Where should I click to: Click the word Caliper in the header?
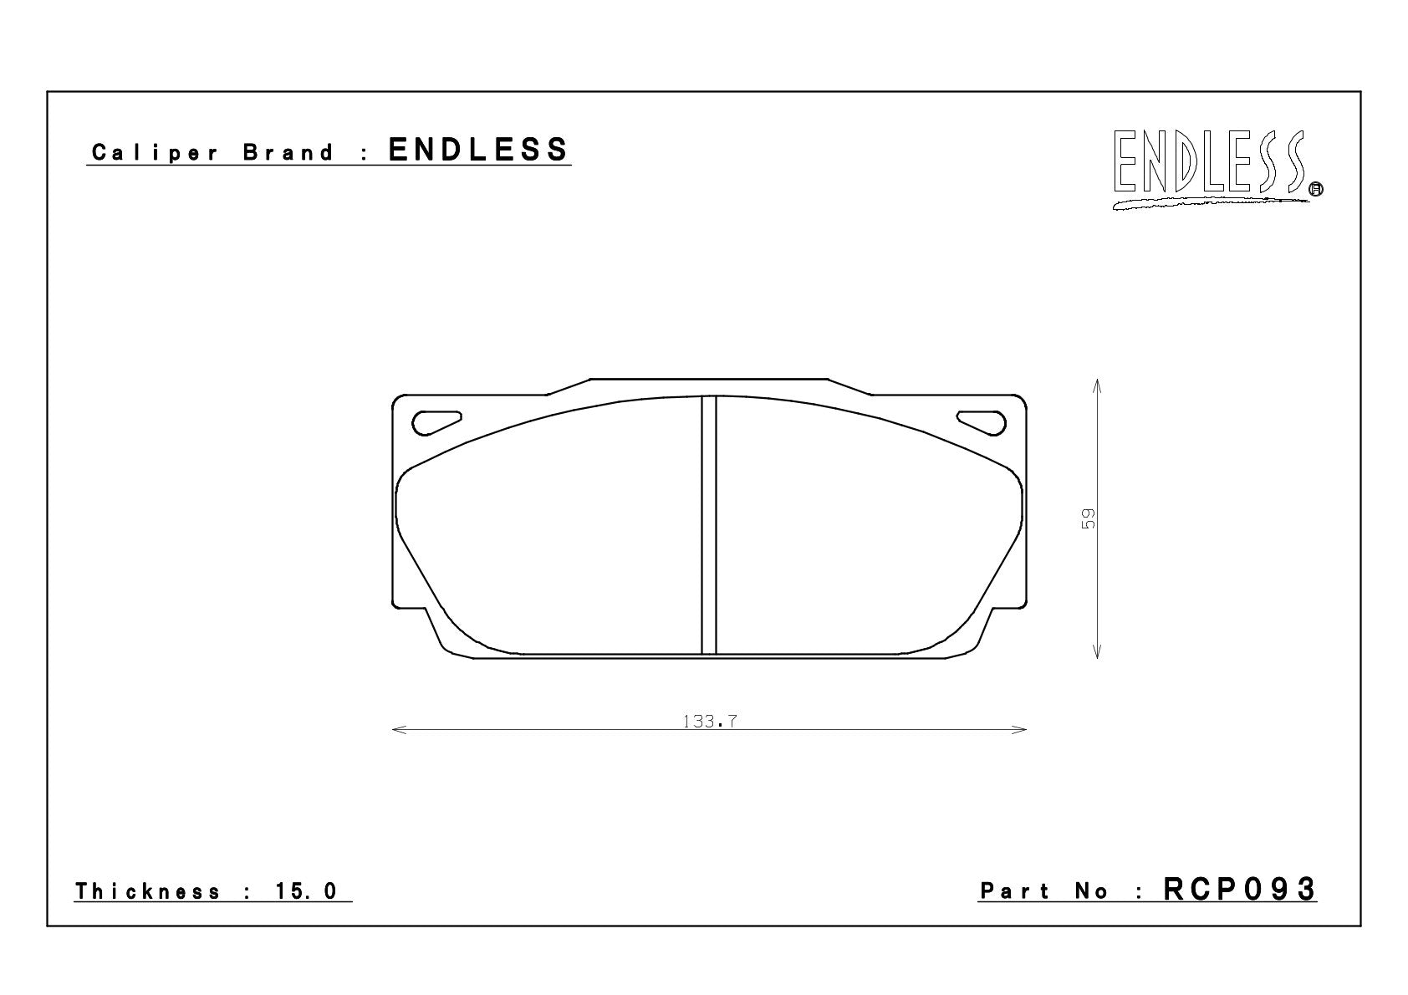click(x=155, y=153)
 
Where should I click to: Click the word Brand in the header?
click(x=288, y=152)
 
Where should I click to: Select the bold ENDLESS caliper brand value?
click(x=477, y=150)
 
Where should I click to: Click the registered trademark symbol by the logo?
click(x=1315, y=189)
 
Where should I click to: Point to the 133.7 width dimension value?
click(x=710, y=721)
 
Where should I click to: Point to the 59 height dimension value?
click(x=1088, y=518)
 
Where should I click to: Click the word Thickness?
click(x=148, y=890)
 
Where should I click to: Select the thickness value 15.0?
click(x=307, y=890)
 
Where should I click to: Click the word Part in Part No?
click(x=1014, y=890)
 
